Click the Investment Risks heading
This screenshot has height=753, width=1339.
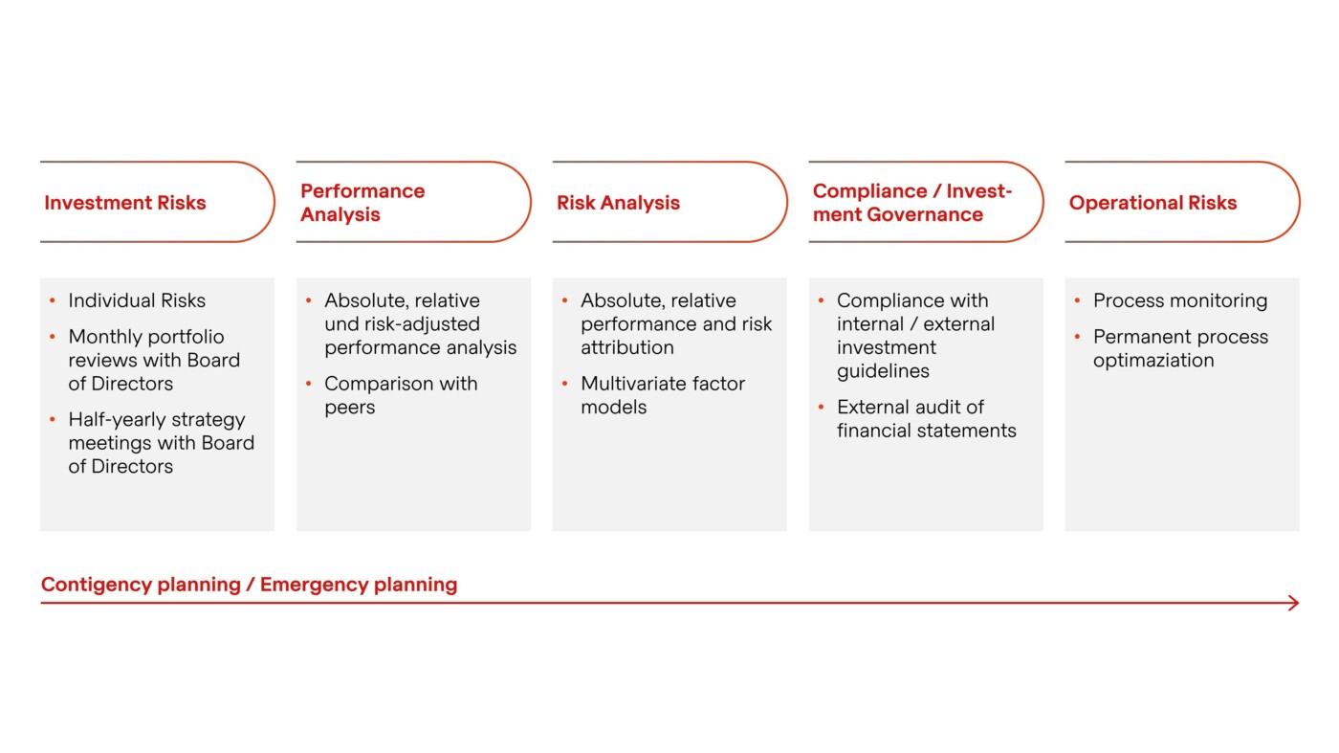pos(125,203)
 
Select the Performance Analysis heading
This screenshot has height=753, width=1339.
pos(362,203)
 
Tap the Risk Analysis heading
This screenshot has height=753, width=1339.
pos(618,203)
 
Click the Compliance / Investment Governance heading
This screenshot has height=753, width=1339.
pos(911,203)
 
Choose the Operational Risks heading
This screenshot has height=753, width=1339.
pos(1152,203)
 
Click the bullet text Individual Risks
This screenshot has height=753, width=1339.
pos(137,300)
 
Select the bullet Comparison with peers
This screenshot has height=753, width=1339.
pos(400,395)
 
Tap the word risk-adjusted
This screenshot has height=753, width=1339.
pos(420,324)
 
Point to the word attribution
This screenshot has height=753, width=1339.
pos(626,347)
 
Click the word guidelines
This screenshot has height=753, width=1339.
pos(883,371)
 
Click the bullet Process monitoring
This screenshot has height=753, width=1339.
pos(1179,300)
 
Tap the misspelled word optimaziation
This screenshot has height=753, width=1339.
pos(1153,361)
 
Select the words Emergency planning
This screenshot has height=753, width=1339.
pos(359,585)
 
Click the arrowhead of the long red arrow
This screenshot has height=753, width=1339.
pos(1294,603)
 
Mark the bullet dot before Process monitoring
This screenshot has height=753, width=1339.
pos(1078,300)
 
